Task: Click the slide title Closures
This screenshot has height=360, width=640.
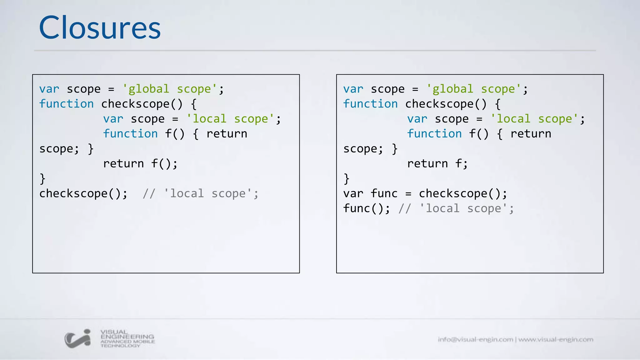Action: click(100, 28)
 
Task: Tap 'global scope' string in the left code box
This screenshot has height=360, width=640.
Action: click(169, 89)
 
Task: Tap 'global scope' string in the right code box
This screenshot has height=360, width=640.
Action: click(473, 89)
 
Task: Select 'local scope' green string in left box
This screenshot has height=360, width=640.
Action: click(230, 119)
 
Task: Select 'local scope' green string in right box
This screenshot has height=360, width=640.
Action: click(534, 119)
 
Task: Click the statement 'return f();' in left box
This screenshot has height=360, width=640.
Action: click(140, 164)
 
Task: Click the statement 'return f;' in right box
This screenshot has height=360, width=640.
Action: click(437, 164)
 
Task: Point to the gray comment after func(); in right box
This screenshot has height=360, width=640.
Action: click(456, 208)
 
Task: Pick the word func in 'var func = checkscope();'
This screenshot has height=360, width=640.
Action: click(384, 194)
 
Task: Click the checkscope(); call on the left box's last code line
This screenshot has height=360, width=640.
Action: click(83, 194)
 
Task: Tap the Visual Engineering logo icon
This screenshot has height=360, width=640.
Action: click(78, 338)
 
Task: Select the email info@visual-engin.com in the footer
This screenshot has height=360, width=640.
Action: click(475, 339)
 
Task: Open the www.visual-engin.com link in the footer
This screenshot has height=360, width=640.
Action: click(556, 339)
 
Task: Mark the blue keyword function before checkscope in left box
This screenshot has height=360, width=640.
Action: click(66, 104)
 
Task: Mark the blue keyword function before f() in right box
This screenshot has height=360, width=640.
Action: click(434, 134)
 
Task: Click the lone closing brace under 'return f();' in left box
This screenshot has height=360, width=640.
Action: click(42, 179)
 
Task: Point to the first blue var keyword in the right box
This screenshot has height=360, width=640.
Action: click(353, 89)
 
